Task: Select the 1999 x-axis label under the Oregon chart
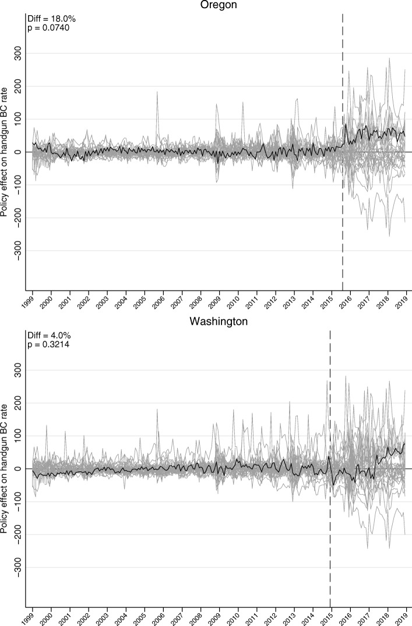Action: (29, 302)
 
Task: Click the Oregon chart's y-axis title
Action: (5, 152)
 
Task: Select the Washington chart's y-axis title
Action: (5, 468)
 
